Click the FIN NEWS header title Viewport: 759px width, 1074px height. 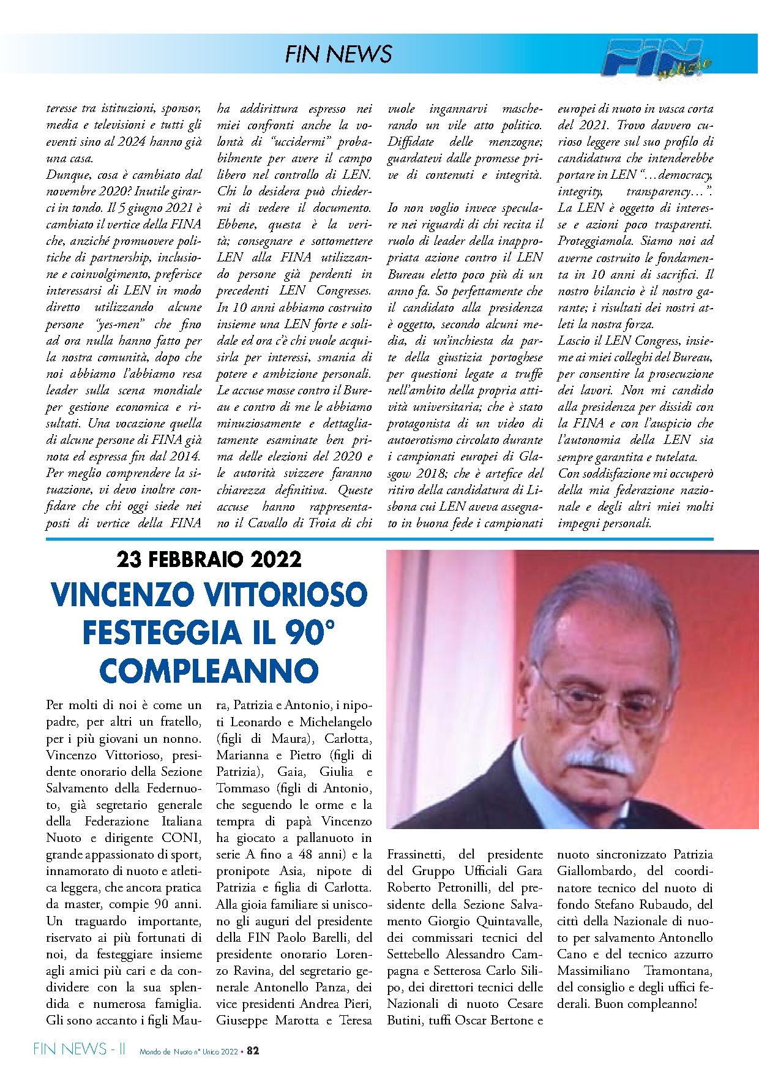pos(338,54)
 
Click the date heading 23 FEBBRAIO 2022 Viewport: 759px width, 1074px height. pos(209,559)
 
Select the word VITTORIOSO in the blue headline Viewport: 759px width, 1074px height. pos(285,595)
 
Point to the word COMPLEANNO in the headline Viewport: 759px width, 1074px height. pos(209,671)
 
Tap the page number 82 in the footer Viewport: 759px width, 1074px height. pos(253,1051)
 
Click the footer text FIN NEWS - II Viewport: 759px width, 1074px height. pos(80,1050)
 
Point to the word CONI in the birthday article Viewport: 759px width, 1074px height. pos(181,838)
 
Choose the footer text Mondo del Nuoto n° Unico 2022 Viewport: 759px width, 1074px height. pos(189,1052)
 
